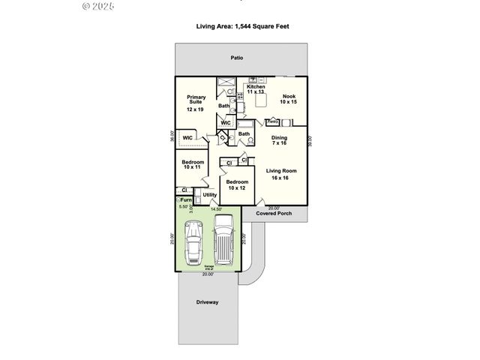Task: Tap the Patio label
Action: pyautogui.click(x=236, y=58)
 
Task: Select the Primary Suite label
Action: pyautogui.click(x=196, y=103)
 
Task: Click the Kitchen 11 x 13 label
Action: pyautogui.click(x=256, y=88)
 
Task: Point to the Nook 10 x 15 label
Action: pyautogui.click(x=289, y=99)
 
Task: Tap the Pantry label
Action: pyautogui.click(x=273, y=121)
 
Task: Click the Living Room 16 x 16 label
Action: pyautogui.click(x=281, y=174)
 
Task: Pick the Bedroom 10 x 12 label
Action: pyautogui.click(x=237, y=184)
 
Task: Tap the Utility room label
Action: pyautogui.click(x=209, y=195)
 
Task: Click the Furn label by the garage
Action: pyautogui.click(x=185, y=200)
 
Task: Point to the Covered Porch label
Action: pyautogui.click(x=274, y=214)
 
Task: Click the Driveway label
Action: pyautogui.click(x=207, y=302)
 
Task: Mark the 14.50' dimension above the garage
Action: pyautogui.click(x=217, y=208)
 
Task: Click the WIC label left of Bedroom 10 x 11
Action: pyautogui.click(x=187, y=138)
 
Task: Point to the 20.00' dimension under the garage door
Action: pyautogui.click(x=208, y=274)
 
